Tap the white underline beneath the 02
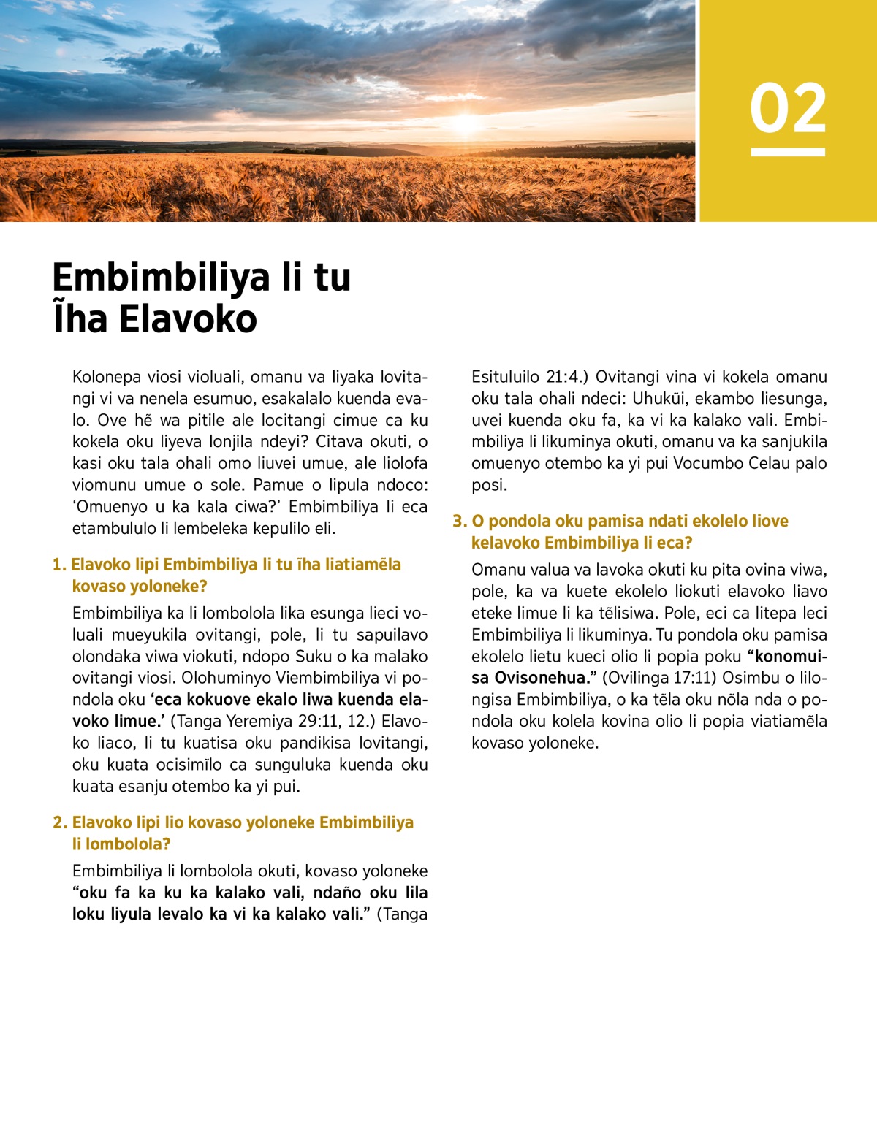point(788,152)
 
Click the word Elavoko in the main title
point(188,319)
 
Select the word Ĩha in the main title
point(79,319)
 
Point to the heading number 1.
point(58,565)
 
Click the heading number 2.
point(59,822)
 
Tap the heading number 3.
point(458,522)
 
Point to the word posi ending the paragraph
point(488,485)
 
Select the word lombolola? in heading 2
point(128,844)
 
